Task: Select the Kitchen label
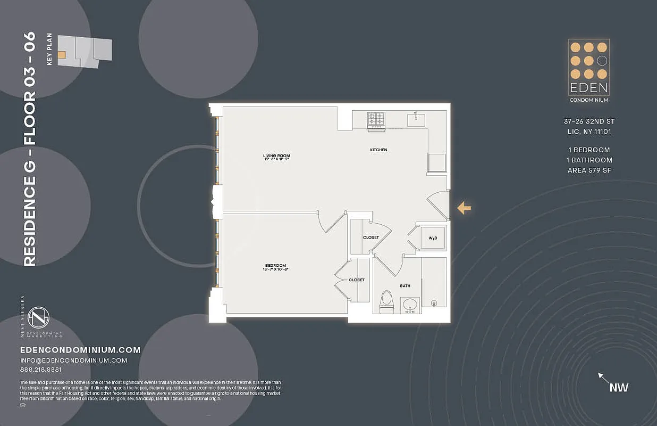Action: pos(378,150)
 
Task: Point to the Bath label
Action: pos(405,286)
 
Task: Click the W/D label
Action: pos(433,238)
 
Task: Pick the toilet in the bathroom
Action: pos(386,301)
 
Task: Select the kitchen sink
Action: pos(416,119)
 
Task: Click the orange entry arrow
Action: pos(464,208)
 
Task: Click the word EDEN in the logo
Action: pos(588,88)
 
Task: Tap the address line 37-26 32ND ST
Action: pos(589,121)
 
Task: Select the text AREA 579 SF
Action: pos(589,170)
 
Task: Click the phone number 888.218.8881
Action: pos(41,370)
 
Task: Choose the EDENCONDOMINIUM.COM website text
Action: pos(80,350)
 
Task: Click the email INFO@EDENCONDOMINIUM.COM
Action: pos(73,361)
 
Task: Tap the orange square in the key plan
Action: pos(62,54)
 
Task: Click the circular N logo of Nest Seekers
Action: pos(39,318)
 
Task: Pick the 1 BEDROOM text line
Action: pos(589,150)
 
